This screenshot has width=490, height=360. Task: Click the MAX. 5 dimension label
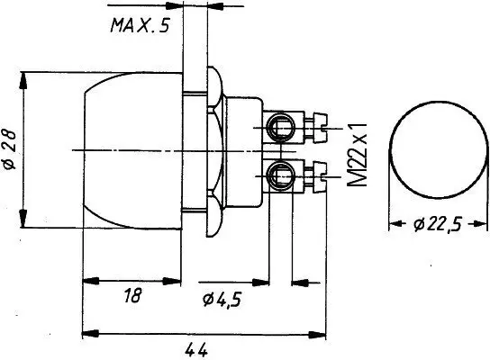(x=139, y=25)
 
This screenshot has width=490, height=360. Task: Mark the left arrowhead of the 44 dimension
(x=87, y=335)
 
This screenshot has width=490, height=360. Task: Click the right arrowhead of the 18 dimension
(x=178, y=281)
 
